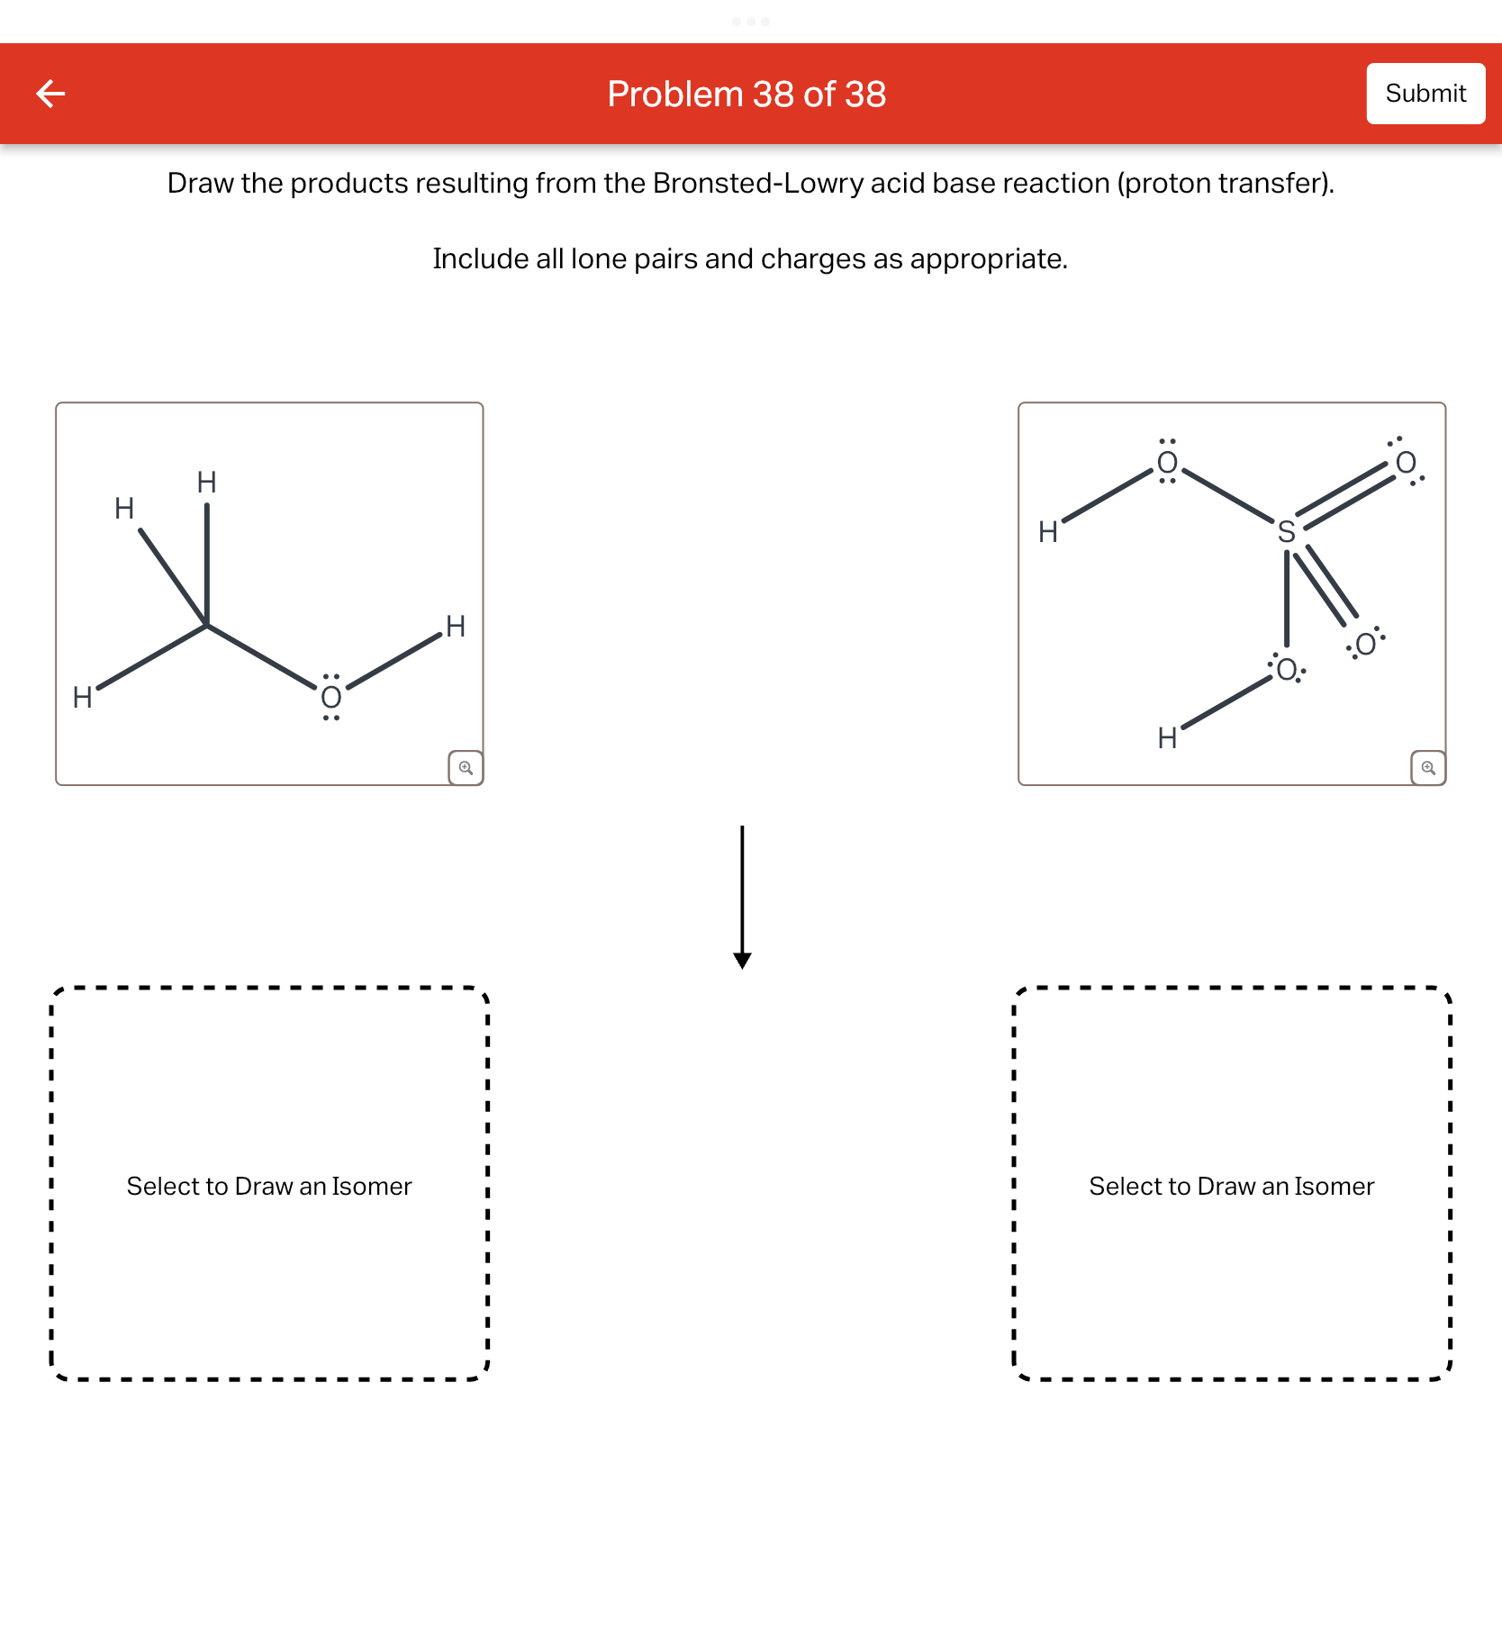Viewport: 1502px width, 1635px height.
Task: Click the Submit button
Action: click(1425, 94)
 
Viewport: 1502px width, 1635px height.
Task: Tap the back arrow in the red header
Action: click(50, 94)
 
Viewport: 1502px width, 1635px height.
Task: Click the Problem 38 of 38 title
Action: click(746, 95)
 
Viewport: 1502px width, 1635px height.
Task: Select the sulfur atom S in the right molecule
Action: click(1286, 532)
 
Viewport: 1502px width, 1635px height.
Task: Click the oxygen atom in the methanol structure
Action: click(330, 697)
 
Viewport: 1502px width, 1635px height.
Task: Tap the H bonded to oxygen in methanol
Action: click(456, 627)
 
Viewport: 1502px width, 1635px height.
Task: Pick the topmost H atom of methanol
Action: click(206, 483)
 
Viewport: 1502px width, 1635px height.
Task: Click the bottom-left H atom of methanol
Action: click(82, 698)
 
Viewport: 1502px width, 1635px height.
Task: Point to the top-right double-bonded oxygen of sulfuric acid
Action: click(1405, 463)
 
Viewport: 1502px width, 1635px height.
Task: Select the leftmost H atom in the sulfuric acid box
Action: click(1047, 532)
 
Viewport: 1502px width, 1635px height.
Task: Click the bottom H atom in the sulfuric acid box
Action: click(1167, 738)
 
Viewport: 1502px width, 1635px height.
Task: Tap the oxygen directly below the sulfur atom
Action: click(1286, 670)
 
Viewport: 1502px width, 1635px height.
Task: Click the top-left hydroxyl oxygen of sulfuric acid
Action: click(1167, 463)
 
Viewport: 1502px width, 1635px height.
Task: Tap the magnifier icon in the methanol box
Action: click(466, 768)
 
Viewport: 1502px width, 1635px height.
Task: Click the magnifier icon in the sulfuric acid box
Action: click(1428, 768)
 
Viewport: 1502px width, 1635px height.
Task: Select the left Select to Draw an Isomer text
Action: click(269, 1186)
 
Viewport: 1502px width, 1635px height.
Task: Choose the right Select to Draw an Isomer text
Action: click(1231, 1186)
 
